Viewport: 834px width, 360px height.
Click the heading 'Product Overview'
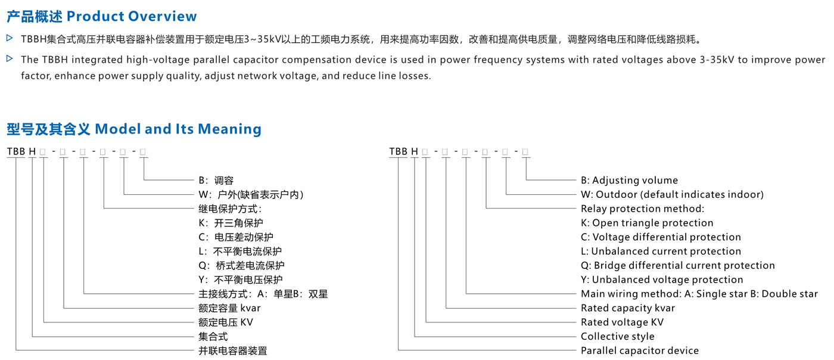tap(132, 17)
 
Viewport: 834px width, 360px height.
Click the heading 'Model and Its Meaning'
tap(178, 129)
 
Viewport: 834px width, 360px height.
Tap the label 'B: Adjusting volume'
tap(629, 181)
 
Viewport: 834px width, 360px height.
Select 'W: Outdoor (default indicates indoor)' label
tap(672, 194)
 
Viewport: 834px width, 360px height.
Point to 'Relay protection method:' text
tap(643, 209)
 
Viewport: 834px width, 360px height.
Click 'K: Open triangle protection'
tap(647, 223)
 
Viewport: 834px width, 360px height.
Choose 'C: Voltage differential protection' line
tap(661, 237)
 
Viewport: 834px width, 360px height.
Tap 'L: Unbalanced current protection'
tap(661, 251)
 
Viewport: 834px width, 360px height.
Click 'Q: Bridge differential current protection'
tap(678, 265)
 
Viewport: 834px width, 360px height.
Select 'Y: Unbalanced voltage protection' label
tap(662, 280)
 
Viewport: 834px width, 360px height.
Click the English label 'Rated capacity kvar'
tap(628, 308)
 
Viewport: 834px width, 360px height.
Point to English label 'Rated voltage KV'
tap(622, 322)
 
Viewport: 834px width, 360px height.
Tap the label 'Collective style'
tap(617, 337)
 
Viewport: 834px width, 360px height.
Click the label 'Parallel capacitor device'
tap(640, 350)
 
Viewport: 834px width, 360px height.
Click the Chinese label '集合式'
tap(213, 337)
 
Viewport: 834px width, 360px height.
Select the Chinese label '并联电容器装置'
tap(233, 350)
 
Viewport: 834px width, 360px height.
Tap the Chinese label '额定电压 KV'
tap(226, 322)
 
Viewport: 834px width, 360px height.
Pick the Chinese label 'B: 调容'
tap(216, 181)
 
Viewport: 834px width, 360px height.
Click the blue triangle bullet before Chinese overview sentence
tap(10, 38)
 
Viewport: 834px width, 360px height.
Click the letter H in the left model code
tap(32, 151)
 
